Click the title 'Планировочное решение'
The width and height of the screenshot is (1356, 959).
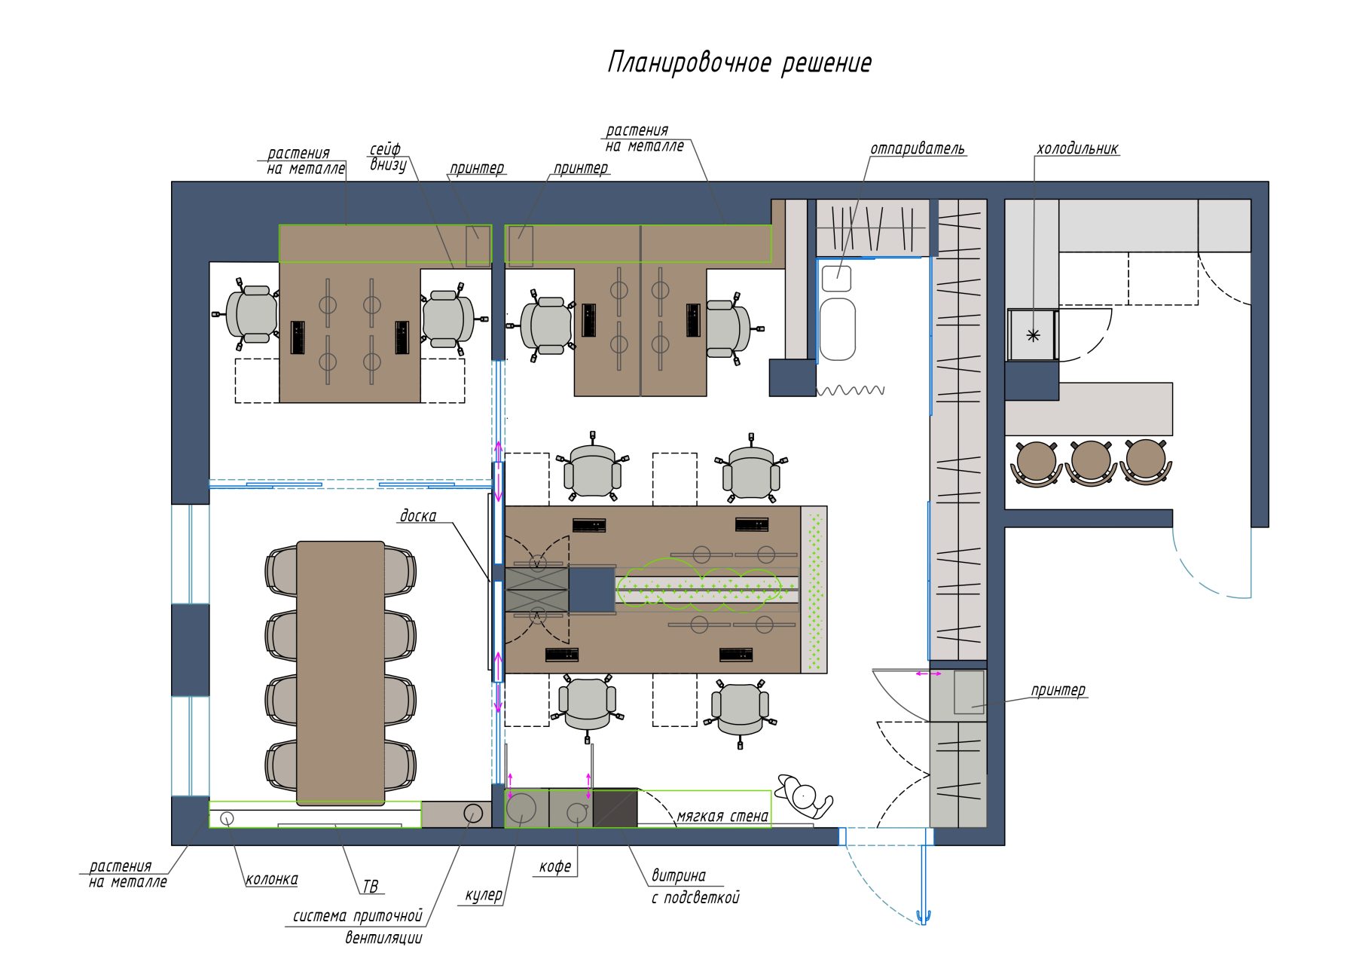point(740,63)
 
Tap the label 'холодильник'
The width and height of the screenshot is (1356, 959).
point(1077,148)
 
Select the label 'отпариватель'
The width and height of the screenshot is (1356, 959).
point(917,148)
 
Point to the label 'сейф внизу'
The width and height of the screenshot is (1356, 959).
point(387,157)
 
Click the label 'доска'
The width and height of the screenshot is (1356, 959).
point(417,515)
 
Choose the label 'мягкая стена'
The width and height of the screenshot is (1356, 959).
point(722,816)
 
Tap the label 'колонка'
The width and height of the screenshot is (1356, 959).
point(271,879)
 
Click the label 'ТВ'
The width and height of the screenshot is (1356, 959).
point(370,887)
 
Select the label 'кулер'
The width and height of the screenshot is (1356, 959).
point(483,896)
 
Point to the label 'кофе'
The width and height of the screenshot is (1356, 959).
point(554,867)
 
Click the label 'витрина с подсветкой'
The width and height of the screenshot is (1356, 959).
point(695,887)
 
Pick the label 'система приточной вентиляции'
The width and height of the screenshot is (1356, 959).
point(358,927)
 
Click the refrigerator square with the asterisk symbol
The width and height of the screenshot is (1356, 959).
point(1033,335)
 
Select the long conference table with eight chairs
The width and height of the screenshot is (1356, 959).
point(341,673)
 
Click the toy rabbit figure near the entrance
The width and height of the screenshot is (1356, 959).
point(805,797)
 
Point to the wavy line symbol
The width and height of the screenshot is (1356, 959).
point(851,390)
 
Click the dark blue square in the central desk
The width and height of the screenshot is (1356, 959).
point(591,590)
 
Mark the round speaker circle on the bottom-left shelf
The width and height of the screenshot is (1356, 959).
point(227,818)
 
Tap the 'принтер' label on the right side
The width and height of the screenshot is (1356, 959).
point(1058,690)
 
